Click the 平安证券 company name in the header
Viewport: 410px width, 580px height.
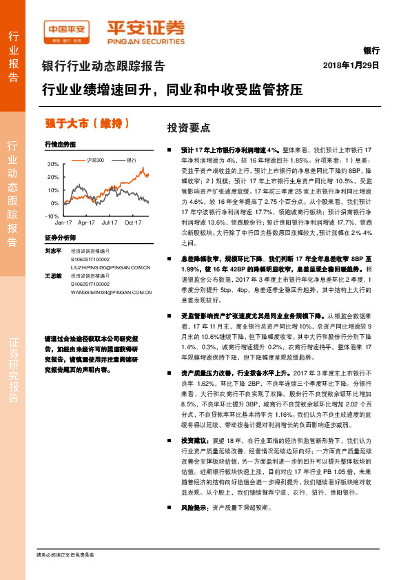(145, 27)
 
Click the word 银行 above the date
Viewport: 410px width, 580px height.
(371, 51)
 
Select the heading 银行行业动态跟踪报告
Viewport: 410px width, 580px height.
(103, 67)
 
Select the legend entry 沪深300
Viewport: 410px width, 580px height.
(96, 159)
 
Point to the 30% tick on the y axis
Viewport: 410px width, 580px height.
(53, 165)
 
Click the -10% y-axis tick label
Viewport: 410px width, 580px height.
(52, 216)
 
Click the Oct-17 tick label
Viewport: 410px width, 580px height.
(133, 223)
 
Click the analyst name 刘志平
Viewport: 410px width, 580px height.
(53, 251)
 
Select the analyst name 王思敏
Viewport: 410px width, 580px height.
(53, 276)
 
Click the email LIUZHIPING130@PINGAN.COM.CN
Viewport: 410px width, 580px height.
(110, 267)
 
